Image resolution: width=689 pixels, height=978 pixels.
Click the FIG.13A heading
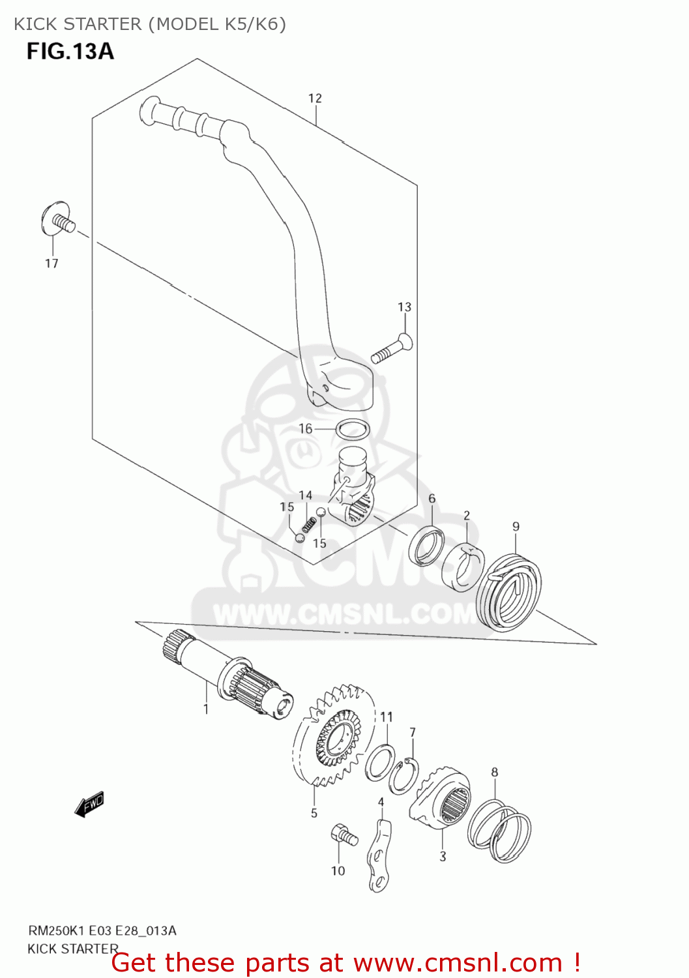pos(70,51)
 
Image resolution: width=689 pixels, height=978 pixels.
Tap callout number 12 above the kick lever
pos(315,98)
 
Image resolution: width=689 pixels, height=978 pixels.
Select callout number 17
pos(51,263)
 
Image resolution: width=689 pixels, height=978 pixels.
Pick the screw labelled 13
pos(390,349)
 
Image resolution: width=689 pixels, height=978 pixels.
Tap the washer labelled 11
pos(380,762)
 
